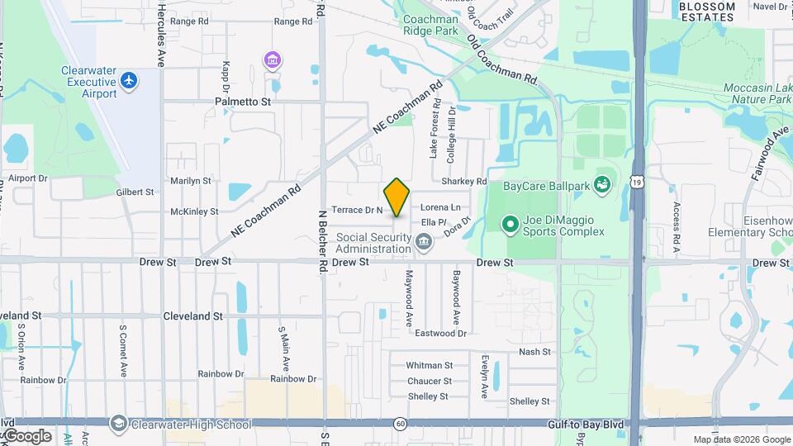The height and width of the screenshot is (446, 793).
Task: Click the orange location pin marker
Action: point(396,197)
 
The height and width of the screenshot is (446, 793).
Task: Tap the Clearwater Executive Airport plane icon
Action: point(127,80)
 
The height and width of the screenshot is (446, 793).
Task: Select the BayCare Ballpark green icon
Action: point(601,185)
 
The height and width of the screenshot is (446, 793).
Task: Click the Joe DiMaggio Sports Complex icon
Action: point(510,223)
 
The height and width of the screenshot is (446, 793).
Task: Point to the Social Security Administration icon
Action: point(424,241)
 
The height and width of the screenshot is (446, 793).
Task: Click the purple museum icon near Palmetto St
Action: point(272,59)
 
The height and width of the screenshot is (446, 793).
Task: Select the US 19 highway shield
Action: point(637,181)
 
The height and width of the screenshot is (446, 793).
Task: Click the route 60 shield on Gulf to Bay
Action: point(400,424)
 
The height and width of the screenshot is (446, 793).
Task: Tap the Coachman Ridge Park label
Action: point(430,25)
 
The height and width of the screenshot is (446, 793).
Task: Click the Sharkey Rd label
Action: point(464,182)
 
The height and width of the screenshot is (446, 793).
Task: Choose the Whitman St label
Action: point(430,365)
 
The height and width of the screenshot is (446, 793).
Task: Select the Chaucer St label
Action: point(430,381)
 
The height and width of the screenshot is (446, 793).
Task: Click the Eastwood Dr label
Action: point(440,334)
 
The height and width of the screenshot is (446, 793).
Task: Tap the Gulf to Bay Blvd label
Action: point(583,424)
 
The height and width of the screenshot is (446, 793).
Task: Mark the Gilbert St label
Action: point(135,192)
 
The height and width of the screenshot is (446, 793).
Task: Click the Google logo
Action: point(26,435)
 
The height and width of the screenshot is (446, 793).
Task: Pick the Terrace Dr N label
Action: point(357,210)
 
